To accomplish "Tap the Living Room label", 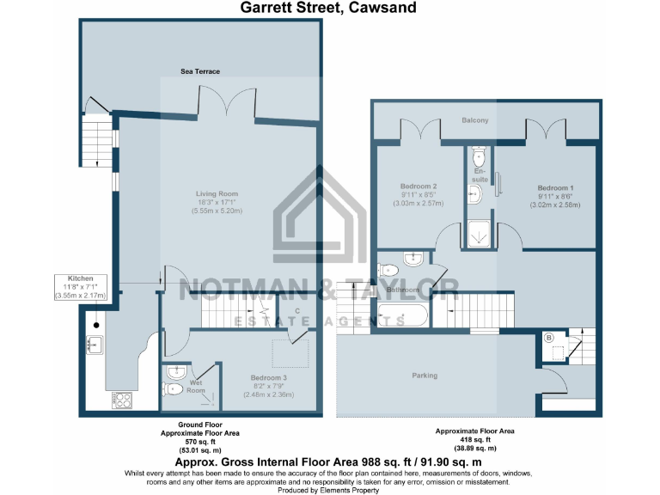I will [216, 193].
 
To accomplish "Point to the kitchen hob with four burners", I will [122, 400].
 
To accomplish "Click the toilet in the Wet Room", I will [172, 388].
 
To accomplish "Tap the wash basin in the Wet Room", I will [175, 371].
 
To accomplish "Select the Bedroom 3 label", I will [269, 377].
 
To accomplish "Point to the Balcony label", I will [474, 120].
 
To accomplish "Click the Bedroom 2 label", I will [419, 186].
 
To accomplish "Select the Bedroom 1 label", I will [555, 188].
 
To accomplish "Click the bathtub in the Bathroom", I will [404, 316].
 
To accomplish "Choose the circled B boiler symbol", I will [549, 336].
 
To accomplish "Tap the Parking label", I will [425, 376].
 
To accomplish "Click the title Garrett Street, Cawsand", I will [328, 9].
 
